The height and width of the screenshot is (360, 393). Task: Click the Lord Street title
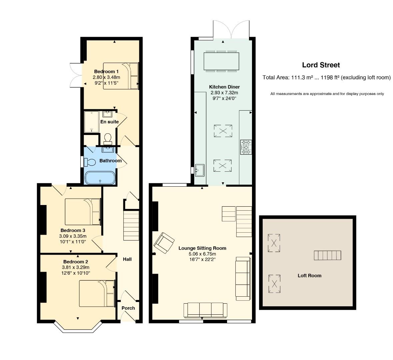pos(321,65)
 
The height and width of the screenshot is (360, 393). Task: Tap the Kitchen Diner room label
pos(224,87)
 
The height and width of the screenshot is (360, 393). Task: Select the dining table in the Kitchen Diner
pos(221,61)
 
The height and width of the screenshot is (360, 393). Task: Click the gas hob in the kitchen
pos(246,147)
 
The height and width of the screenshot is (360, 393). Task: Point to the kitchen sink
pos(200,170)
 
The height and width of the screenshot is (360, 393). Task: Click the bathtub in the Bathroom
pos(100,178)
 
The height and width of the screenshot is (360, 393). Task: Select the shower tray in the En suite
pos(92,122)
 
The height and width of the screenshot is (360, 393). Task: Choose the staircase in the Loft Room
pos(328,255)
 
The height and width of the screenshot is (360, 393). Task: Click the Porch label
pos(128,308)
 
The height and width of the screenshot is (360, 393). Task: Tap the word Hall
pos(127,259)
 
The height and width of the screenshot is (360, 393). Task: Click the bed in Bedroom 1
pos(121,76)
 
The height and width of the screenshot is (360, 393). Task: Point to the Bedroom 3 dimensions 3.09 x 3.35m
pos(73,236)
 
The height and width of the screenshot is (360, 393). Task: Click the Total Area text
pos(327,77)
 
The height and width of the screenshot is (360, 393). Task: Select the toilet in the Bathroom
pos(90,162)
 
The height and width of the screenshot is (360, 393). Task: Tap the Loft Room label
pos(309,276)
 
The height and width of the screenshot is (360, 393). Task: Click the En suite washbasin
pos(108,114)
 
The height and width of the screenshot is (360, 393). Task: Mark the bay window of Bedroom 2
pos(78,327)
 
